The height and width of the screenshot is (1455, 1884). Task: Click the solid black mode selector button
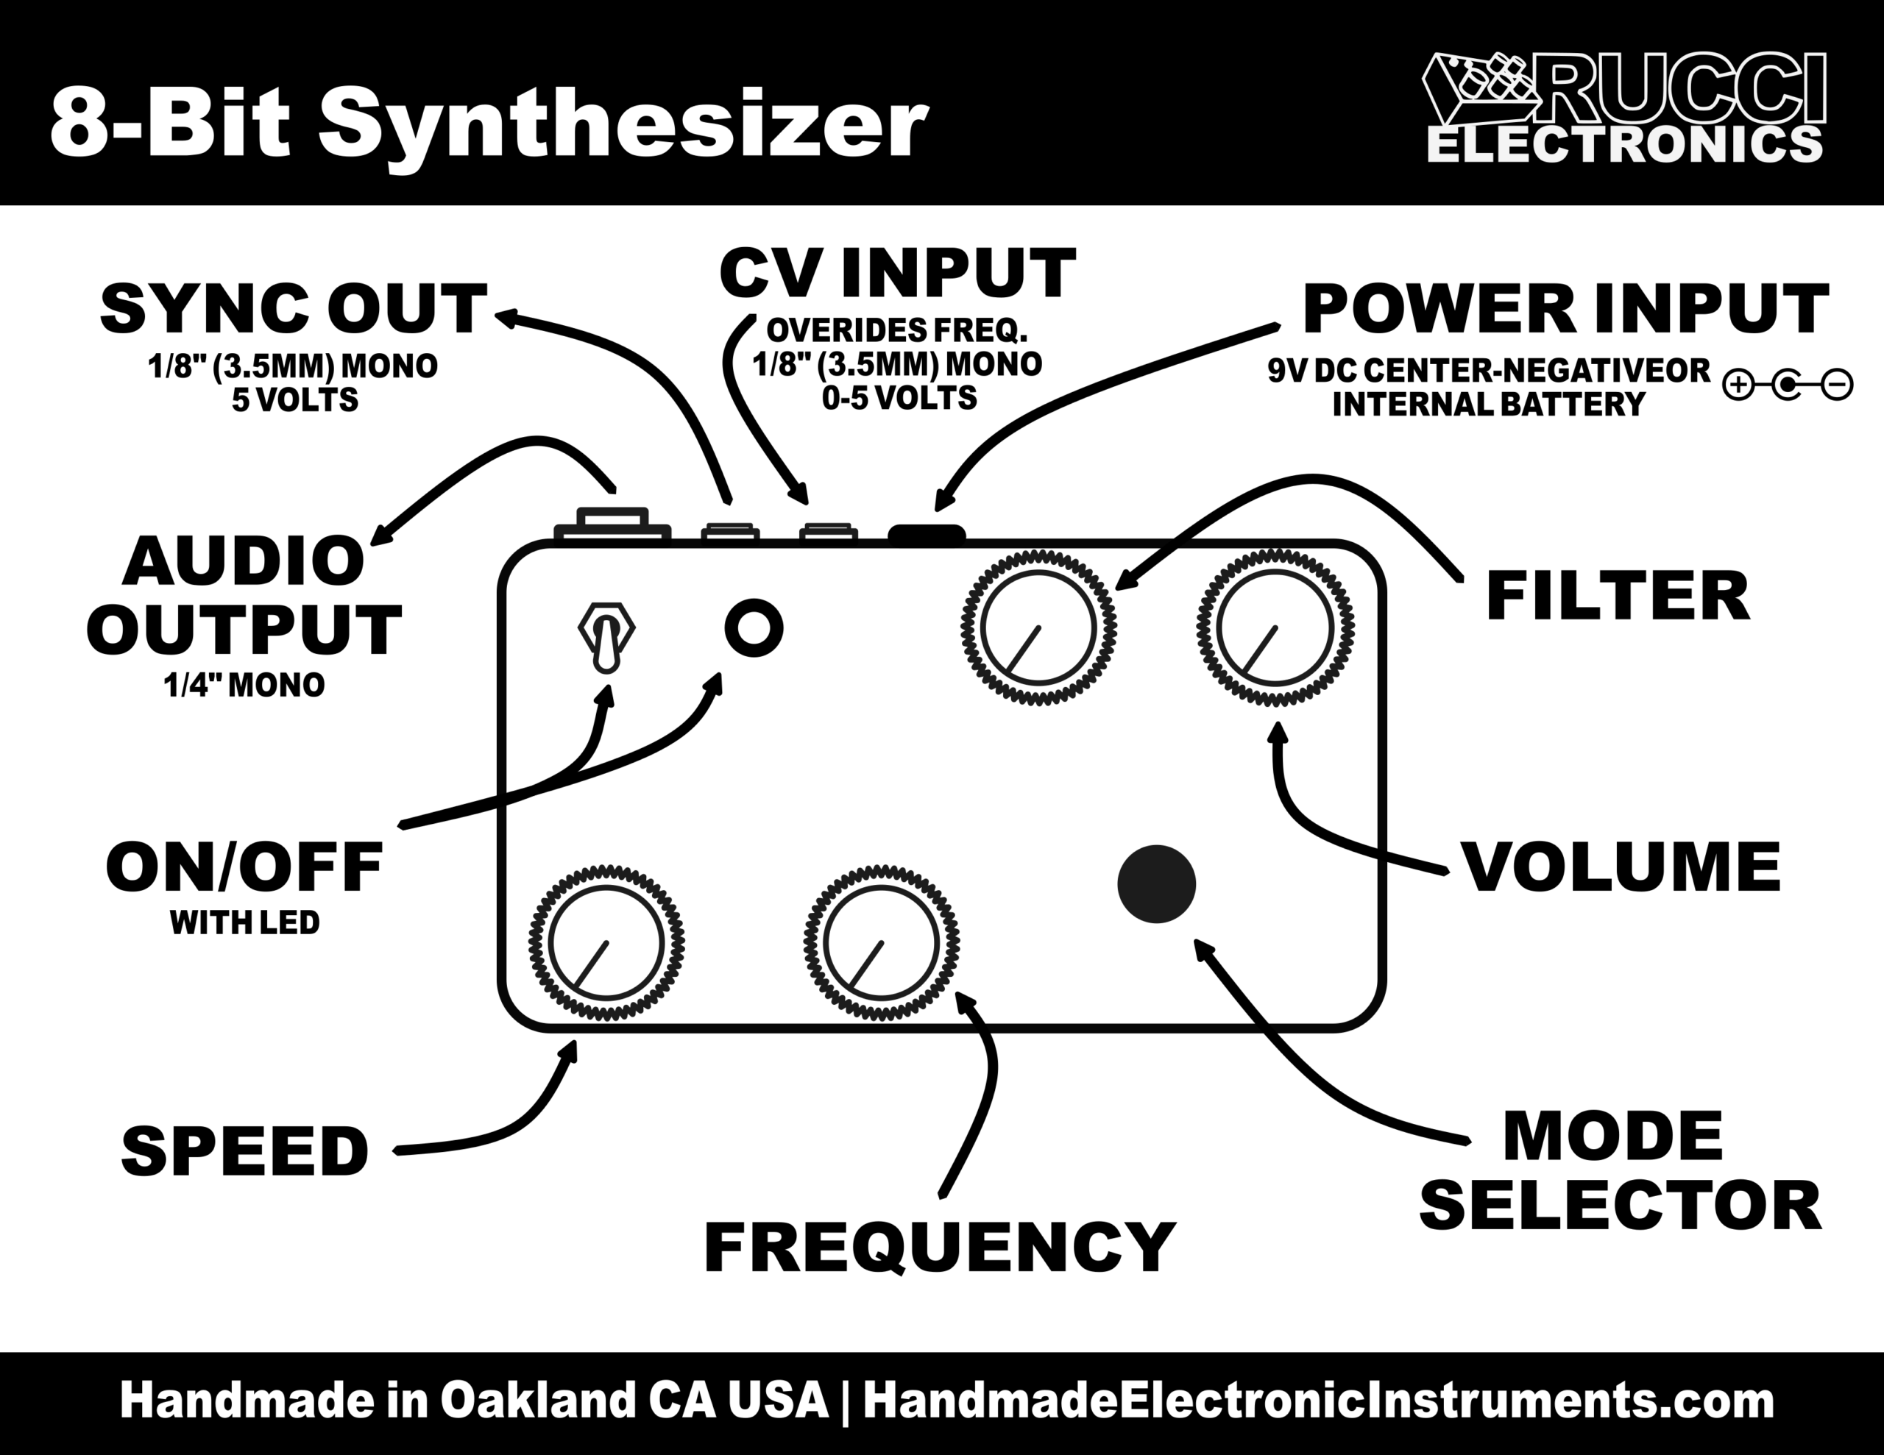1156,884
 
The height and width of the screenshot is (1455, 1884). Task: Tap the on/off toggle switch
606,636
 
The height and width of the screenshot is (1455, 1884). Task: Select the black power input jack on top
927,534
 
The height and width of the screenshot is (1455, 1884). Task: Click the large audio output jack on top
612,524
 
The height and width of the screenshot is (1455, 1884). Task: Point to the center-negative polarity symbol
1788,385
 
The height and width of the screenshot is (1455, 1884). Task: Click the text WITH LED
245,923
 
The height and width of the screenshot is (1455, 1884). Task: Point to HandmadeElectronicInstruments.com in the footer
1319,1402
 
